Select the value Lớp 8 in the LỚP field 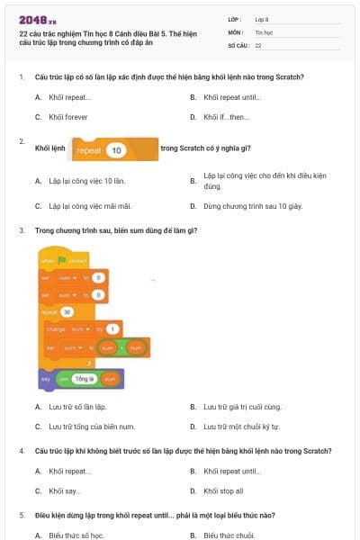point(262,18)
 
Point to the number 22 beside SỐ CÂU point(258,43)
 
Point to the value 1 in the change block point(112,328)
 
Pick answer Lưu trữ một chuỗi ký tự point(241,426)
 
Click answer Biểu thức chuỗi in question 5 point(232,535)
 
